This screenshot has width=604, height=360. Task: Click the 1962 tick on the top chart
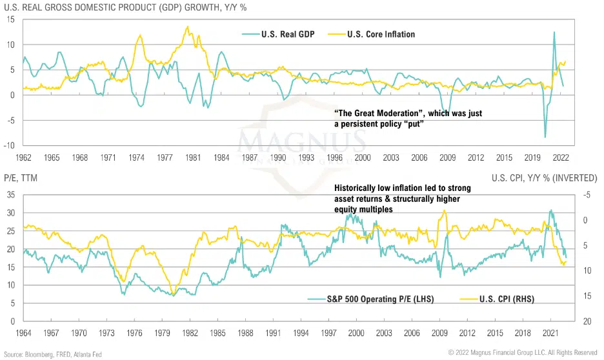(x=25, y=157)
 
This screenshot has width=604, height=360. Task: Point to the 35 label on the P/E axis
(x=10, y=195)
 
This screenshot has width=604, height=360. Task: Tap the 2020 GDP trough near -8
(x=545, y=137)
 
